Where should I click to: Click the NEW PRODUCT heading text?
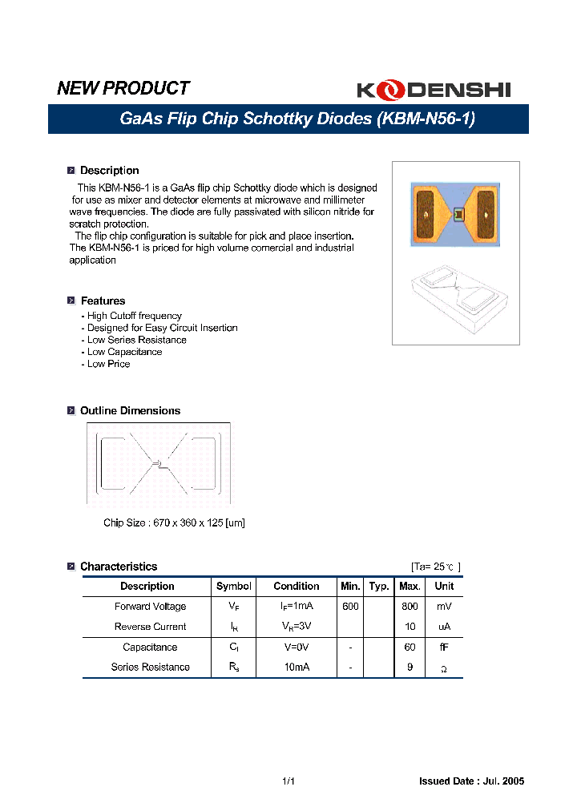pyautogui.click(x=123, y=88)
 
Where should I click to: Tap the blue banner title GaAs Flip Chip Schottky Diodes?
pyautogui.click(x=297, y=119)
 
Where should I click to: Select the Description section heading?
pyautogui.click(x=109, y=171)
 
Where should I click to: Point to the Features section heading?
pyautogui.click(x=103, y=301)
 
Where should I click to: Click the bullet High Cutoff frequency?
pyautogui.click(x=134, y=316)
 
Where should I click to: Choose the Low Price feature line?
pyautogui.click(x=108, y=364)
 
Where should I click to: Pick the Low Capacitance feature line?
pyautogui.click(x=124, y=352)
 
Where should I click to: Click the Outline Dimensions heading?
pyautogui.click(x=130, y=411)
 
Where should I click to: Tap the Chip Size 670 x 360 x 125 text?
pyautogui.click(x=174, y=523)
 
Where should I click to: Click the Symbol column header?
pyautogui.click(x=234, y=587)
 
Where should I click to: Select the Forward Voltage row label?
pyautogui.click(x=150, y=607)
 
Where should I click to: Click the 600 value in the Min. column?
pyautogui.click(x=350, y=607)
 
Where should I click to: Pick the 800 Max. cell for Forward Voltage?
pyautogui.click(x=410, y=607)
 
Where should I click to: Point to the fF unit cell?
pyautogui.click(x=444, y=647)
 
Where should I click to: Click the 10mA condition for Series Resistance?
pyautogui.click(x=297, y=667)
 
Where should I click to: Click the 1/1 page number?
pyautogui.click(x=288, y=781)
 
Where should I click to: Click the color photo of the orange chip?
pyautogui.click(x=455, y=213)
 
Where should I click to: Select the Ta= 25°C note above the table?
pyautogui.click(x=436, y=567)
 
